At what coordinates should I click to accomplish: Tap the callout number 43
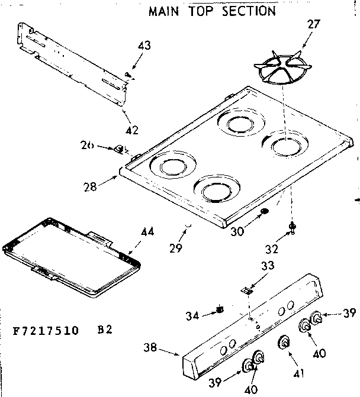[144, 46]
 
